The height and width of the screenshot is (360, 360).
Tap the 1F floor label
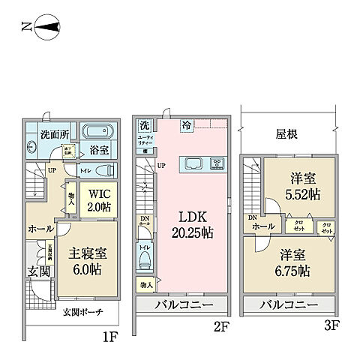click(x=109, y=337)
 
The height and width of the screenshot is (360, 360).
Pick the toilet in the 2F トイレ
click(x=143, y=257)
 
